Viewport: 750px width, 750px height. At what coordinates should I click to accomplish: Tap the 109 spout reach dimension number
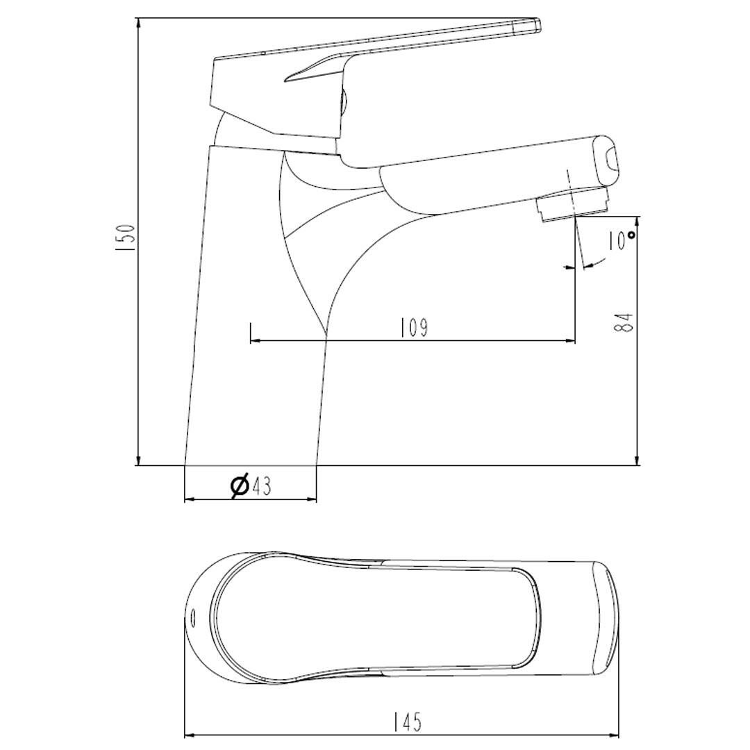413,328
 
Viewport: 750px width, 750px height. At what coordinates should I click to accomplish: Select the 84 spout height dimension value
625,322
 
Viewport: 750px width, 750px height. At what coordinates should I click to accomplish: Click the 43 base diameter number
261,486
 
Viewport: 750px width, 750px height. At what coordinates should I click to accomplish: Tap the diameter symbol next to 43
239,486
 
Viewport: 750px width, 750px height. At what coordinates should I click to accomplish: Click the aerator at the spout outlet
572,204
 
